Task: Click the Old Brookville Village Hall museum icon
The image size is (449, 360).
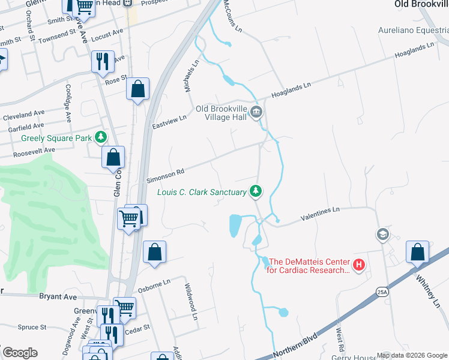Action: [256, 112]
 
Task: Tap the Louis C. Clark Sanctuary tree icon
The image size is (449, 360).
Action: [256, 191]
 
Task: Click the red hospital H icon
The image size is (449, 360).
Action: [359, 265]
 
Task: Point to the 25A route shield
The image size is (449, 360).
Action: [382, 292]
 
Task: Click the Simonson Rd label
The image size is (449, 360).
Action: [165, 175]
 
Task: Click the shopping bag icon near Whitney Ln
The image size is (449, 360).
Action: [417, 252]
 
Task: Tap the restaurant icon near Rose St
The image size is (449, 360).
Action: [101, 61]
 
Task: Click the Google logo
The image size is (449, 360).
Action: [20, 353]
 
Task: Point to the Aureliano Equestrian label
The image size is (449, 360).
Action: [413, 30]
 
